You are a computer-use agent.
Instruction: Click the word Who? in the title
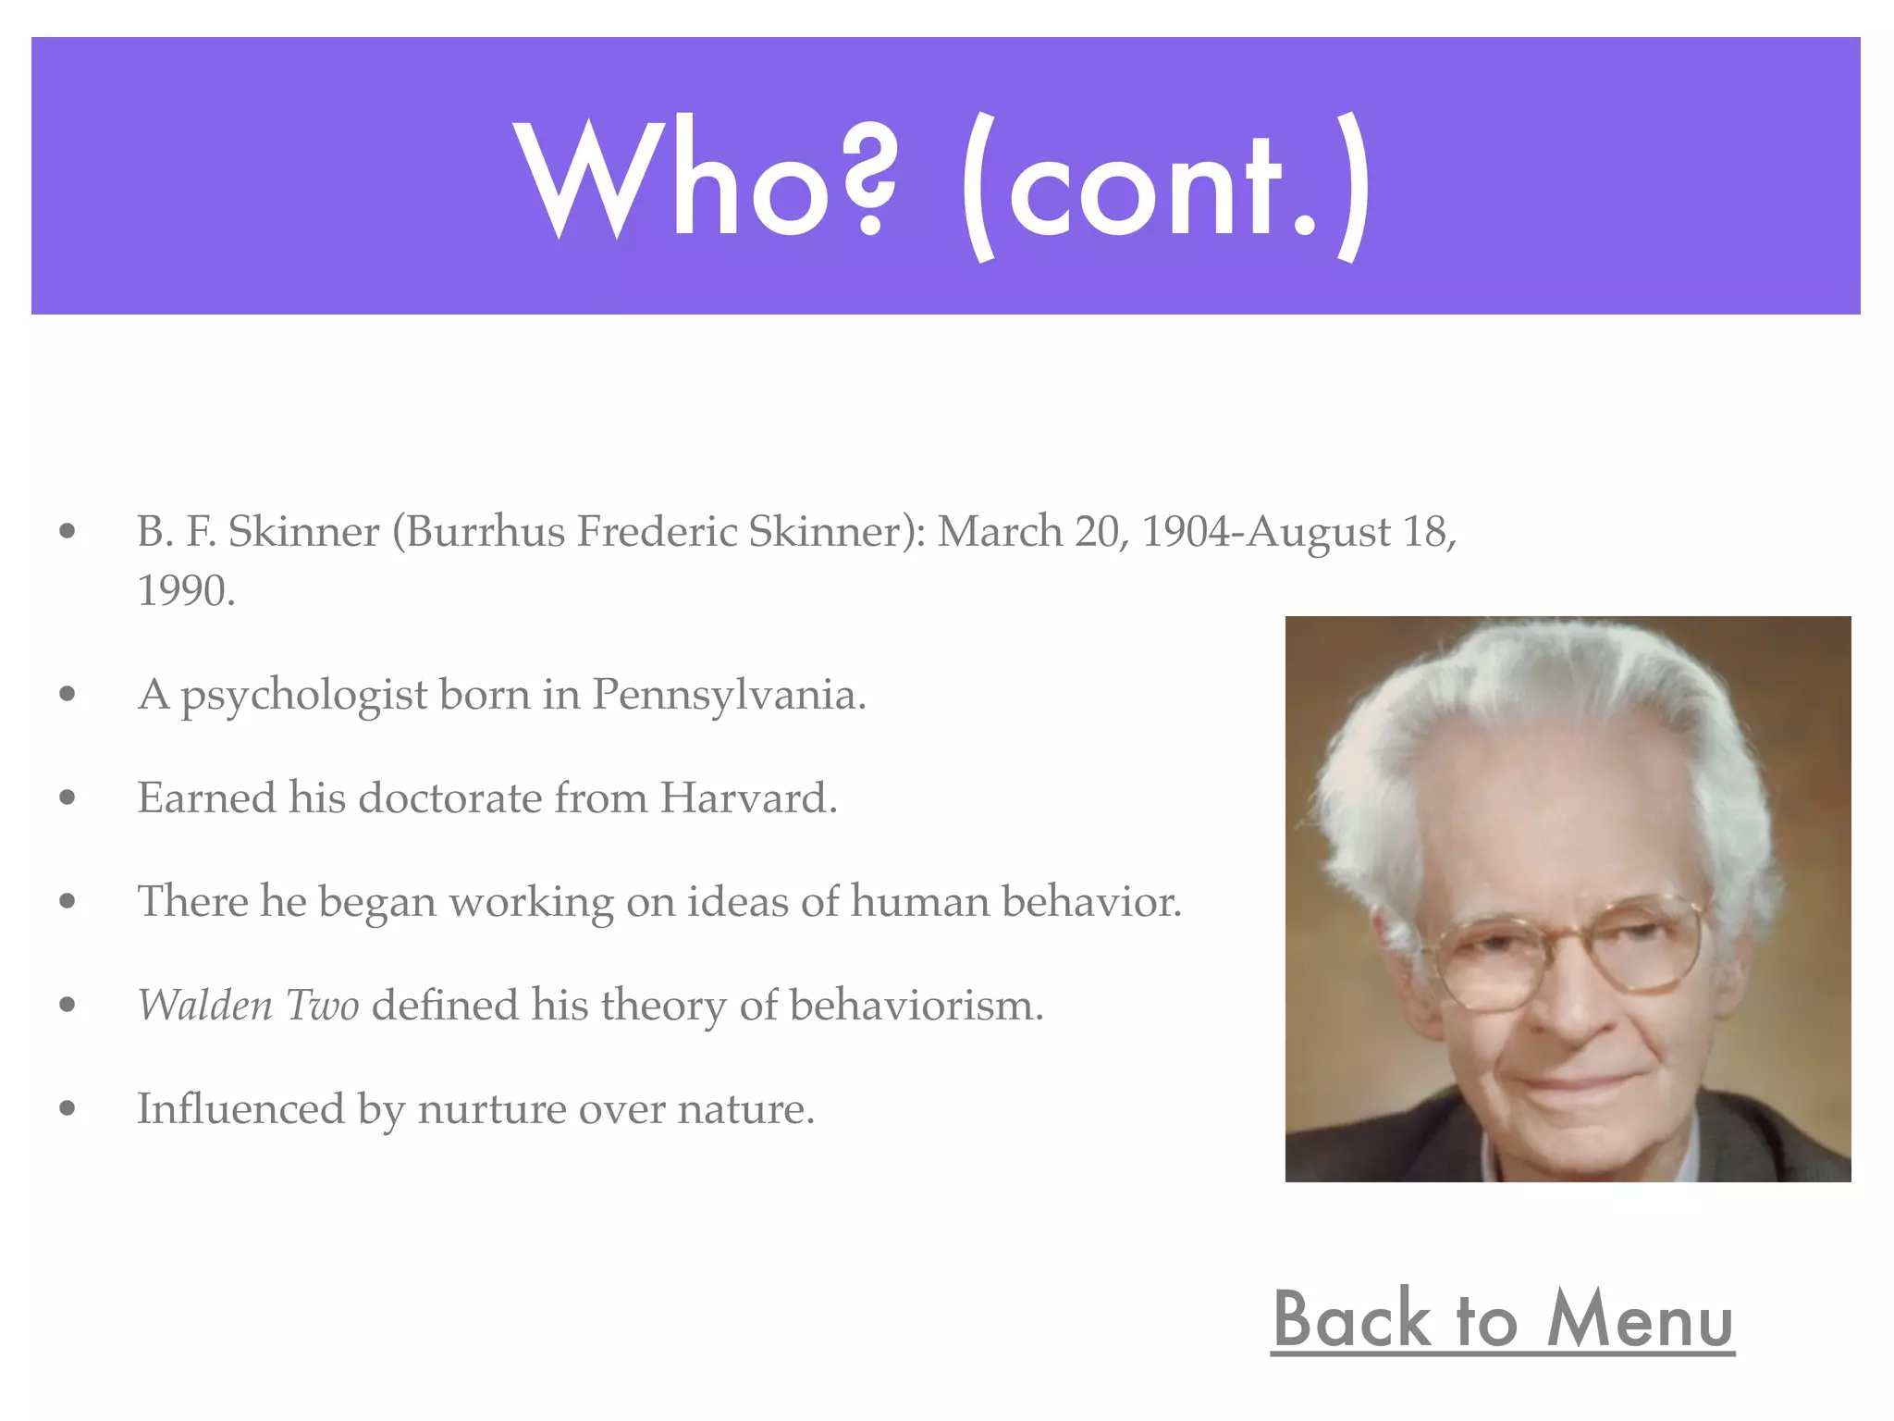click(705, 180)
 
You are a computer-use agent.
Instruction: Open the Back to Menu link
click(1503, 1320)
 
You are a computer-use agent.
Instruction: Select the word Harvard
click(748, 798)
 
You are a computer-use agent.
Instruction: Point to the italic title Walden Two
click(248, 1006)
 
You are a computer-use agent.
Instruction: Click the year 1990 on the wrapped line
click(185, 591)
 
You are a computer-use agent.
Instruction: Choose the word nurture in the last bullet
click(491, 1109)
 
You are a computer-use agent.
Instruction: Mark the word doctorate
click(449, 798)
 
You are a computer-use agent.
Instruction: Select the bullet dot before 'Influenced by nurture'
click(67, 1108)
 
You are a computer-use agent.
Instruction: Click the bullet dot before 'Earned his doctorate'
click(67, 797)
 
